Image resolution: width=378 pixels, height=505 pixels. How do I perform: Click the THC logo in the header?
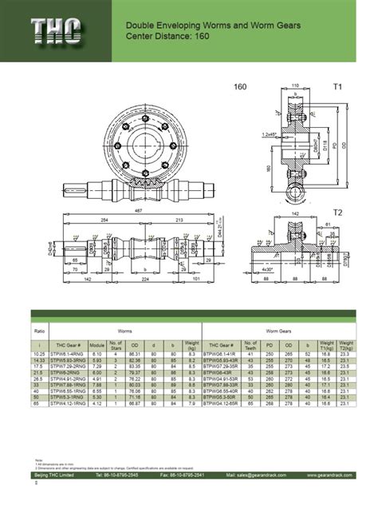point(56,31)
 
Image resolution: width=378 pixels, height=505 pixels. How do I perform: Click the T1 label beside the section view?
point(337,86)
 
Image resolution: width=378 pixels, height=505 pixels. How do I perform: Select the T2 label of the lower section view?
point(337,213)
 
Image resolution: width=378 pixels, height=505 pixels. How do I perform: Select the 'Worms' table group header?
point(124,328)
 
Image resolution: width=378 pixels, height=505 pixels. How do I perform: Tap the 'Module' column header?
point(97,345)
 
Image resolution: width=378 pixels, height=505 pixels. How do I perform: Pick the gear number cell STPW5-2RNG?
point(65,373)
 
